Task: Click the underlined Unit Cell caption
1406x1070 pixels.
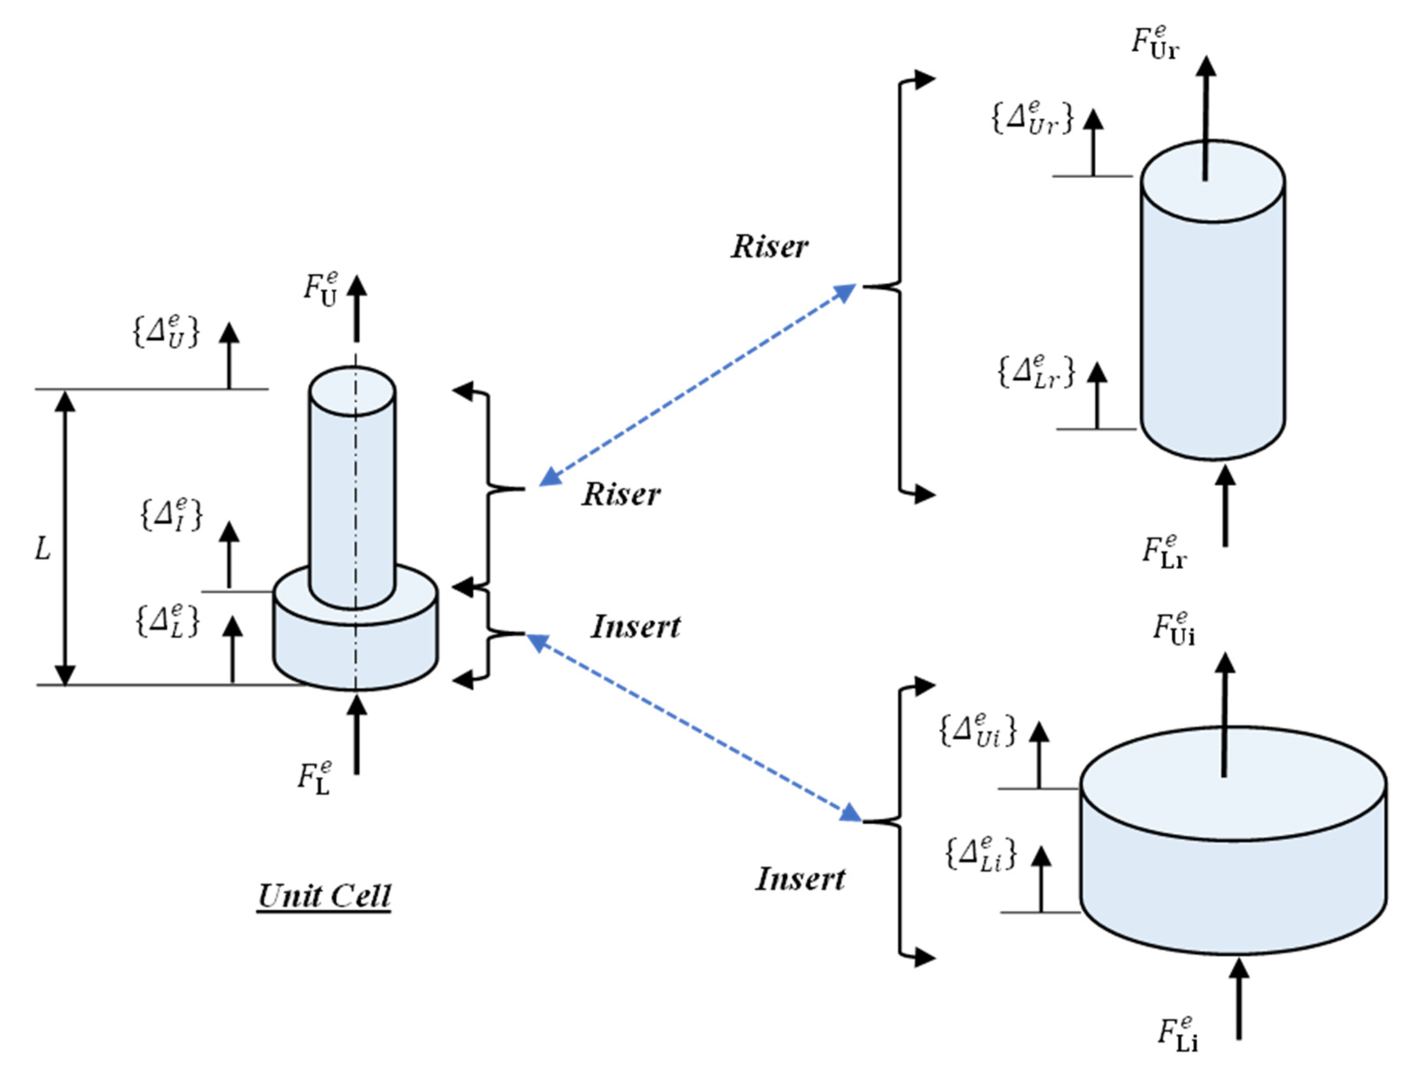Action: click(x=324, y=897)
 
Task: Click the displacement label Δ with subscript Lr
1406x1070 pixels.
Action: click(x=1036, y=372)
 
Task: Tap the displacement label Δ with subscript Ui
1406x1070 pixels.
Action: click(x=978, y=731)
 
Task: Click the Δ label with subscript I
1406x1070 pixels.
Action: click(x=171, y=515)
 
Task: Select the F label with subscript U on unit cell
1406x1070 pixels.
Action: click(x=320, y=290)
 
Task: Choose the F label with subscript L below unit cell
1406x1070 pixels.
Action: click(x=315, y=778)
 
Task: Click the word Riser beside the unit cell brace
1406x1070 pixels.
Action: click(x=621, y=495)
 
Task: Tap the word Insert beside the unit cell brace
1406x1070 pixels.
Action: click(x=635, y=627)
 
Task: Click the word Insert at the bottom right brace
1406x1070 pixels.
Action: click(x=800, y=880)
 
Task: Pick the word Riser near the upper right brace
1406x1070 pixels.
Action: click(x=769, y=247)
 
